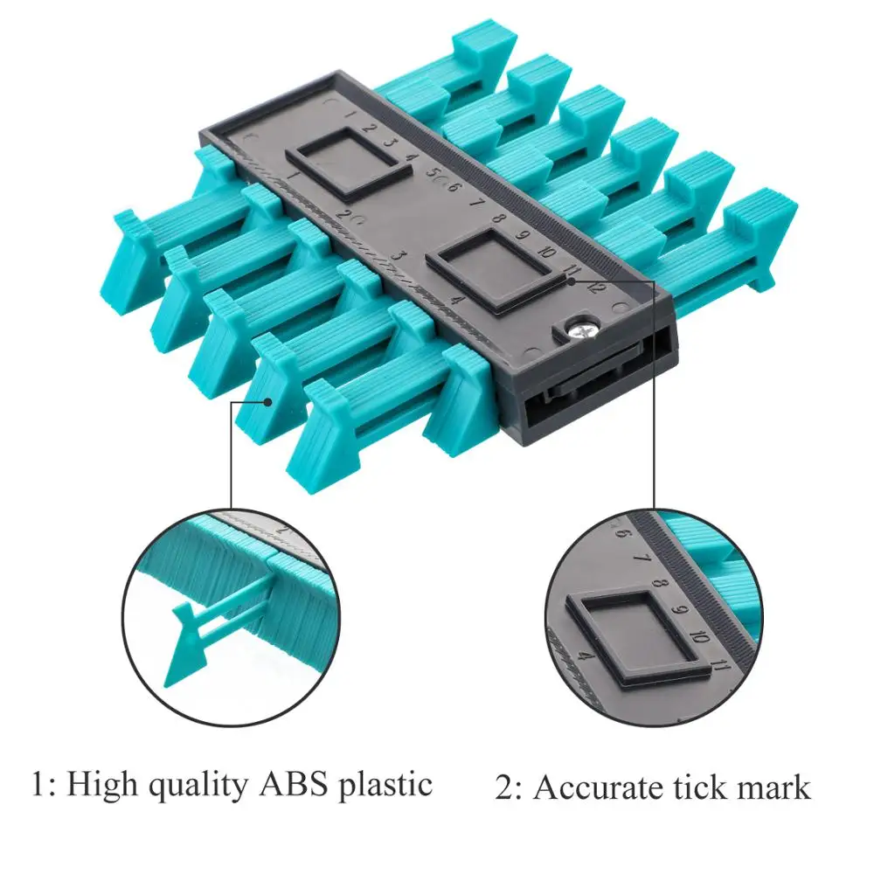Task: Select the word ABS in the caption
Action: point(295,783)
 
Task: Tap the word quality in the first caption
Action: point(194,786)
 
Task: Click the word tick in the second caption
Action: point(690,787)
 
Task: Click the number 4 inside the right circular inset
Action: point(586,655)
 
